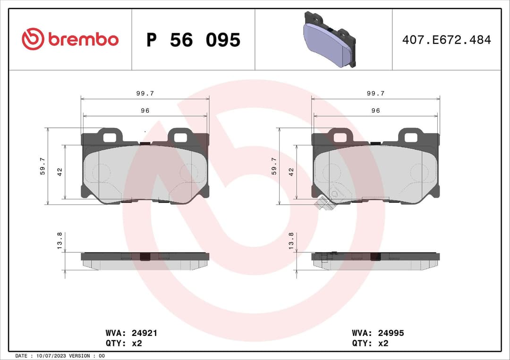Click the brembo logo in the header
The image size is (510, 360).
70,40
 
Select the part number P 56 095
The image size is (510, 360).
193,40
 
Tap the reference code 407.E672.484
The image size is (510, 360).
446,40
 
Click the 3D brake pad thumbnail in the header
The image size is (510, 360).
329,40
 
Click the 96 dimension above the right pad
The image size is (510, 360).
375,110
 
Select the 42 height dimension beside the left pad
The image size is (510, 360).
60,172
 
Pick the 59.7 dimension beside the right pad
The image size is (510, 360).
274,166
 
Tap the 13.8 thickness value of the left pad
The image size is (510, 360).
59,241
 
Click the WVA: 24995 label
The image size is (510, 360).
378,333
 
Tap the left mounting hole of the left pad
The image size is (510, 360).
110,137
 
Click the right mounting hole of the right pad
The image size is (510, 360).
410,137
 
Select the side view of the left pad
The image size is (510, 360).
145,260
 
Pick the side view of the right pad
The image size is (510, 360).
375,260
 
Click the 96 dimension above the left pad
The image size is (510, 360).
145,110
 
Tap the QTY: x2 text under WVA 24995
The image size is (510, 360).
370,343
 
